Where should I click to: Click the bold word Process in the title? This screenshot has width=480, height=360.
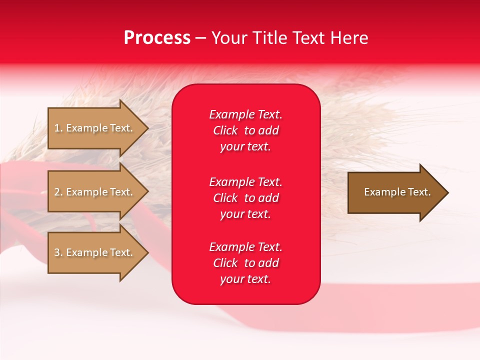click(x=157, y=38)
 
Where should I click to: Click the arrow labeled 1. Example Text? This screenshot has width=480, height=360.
click(x=95, y=128)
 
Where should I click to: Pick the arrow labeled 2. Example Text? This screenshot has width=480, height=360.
click(x=95, y=192)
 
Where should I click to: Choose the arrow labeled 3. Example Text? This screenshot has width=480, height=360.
click(x=95, y=252)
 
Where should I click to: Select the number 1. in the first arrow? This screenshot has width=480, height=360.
click(x=58, y=128)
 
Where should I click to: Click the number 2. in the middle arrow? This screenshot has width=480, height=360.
click(x=58, y=192)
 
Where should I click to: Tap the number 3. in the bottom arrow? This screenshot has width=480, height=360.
click(x=58, y=252)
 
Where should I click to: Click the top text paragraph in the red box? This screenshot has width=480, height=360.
click(x=245, y=130)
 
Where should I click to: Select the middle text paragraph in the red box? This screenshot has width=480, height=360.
click(x=245, y=198)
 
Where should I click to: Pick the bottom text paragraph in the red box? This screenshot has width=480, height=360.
click(x=245, y=263)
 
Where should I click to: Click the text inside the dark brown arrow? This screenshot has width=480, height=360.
click(x=397, y=192)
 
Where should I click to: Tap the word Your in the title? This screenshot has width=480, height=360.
click(x=227, y=38)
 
